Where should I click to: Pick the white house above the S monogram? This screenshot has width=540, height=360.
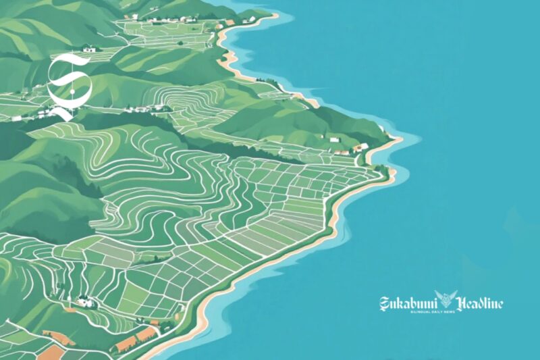pyautogui.click(x=89, y=48)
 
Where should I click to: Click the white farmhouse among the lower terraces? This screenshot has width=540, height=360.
pyautogui.click(x=84, y=302)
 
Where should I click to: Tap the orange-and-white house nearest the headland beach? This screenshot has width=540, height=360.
pyautogui.click(x=362, y=147)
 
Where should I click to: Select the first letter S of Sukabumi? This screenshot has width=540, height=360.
pyautogui.click(x=385, y=303)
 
